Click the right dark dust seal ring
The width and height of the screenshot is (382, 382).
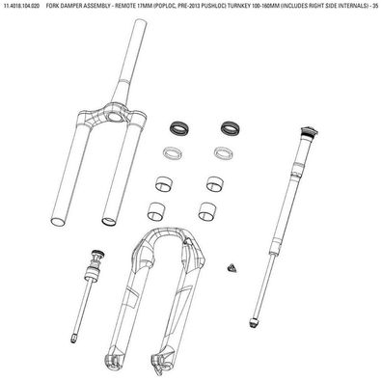[231, 128]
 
